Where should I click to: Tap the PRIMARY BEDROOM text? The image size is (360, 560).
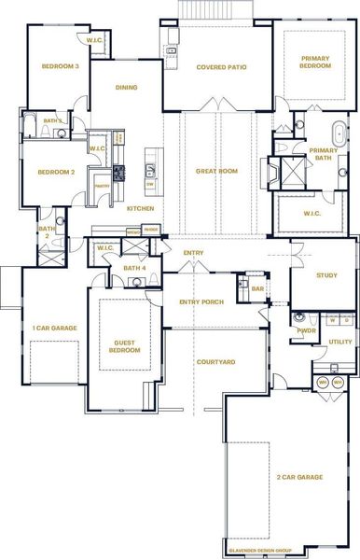tap(315, 63)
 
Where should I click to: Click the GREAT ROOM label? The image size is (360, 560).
tap(216, 172)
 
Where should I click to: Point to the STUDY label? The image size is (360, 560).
tap(325, 275)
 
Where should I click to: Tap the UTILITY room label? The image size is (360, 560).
tap(340, 343)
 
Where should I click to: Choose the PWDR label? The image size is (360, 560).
tap(306, 330)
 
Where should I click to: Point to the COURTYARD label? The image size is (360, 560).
tap(216, 361)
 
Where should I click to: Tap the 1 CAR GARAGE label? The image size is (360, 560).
tap(54, 329)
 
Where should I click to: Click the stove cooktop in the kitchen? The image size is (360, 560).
tap(118, 173)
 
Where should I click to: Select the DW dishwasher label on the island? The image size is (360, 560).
tap(150, 184)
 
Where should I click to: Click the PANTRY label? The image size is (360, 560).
tap(101, 186)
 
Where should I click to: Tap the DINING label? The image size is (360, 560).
tap(126, 88)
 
